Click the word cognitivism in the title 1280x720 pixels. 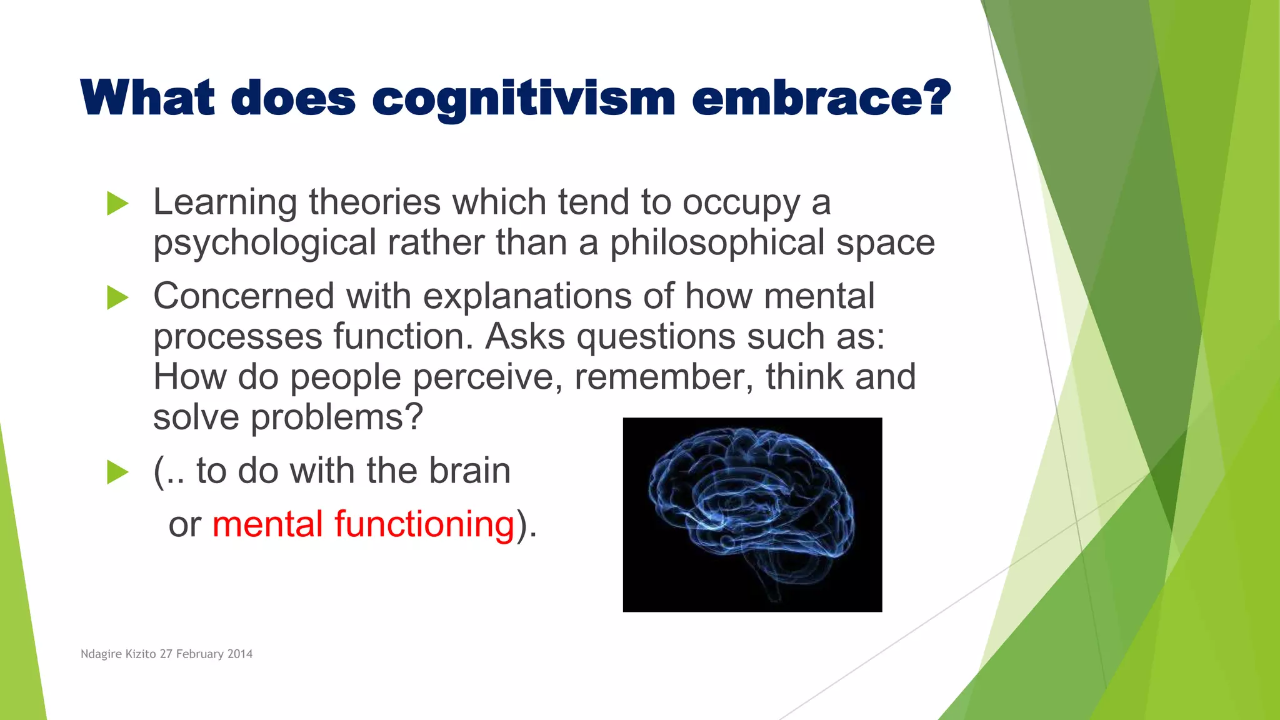click(x=524, y=99)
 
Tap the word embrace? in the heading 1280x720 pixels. click(x=821, y=99)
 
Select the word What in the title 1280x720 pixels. click(x=148, y=99)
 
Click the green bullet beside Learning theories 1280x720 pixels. click(x=117, y=204)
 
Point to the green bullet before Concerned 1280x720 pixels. click(x=117, y=297)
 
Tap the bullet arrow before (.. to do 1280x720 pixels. click(x=117, y=472)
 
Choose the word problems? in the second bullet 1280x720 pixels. click(x=337, y=417)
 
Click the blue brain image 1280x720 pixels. click(x=752, y=514)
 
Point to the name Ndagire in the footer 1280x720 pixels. click(x=102, y=654)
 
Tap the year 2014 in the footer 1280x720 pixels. click(x=240, y=654)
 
